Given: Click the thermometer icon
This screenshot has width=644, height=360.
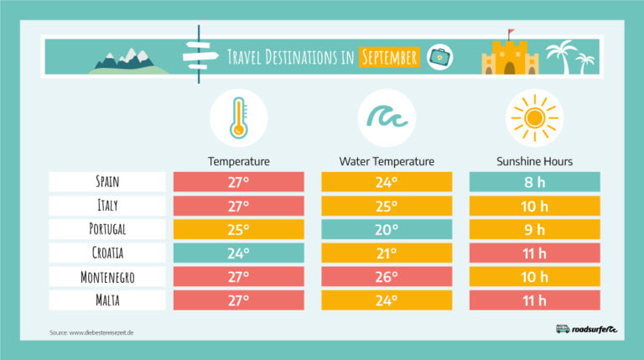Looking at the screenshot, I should (x=238, y=117).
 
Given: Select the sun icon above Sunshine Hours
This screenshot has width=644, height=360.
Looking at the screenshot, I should (x=534, y=117).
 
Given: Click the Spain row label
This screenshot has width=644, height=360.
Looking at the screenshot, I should (x=107, y=181).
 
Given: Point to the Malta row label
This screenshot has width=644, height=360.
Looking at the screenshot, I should (x=107, y=300).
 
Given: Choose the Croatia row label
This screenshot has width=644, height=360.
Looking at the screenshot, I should (x=107, y=253).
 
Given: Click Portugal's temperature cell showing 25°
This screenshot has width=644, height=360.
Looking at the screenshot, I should (x=238, y=229).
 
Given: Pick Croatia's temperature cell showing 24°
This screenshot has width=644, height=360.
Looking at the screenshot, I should (x=238, y=253).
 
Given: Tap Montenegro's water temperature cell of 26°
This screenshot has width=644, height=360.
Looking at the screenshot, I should (x=387, y=276).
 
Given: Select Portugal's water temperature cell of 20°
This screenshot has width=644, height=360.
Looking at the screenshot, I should (x=387, y=229).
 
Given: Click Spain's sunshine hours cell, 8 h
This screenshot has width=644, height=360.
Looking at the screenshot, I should (x=534, y=181).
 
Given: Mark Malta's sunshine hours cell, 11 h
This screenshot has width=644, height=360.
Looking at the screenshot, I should (x=534, y=300).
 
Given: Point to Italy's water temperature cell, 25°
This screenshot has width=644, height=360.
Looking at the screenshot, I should (x=387, y=206).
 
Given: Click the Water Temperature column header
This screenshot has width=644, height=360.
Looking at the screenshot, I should (x=387, y=161).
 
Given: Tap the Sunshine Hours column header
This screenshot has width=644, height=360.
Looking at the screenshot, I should (x=534, y=161).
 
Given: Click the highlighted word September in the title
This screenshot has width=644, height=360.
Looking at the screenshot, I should (x=388, y=57).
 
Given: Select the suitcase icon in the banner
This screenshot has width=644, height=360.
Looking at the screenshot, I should (x=437, y=57).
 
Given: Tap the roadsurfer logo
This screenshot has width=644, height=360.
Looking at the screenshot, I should (x=586, y=329).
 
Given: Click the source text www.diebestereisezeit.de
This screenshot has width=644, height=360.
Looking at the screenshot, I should (x=91, y=333).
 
